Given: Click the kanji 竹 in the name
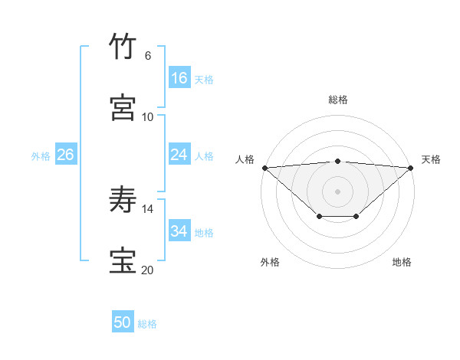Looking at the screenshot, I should tap(123, 47).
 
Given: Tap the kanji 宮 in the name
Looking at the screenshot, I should tap(123, 107).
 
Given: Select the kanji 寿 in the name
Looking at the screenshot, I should tap(123, 200).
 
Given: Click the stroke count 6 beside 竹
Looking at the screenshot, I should tap(148, 56).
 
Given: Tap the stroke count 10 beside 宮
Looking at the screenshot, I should tap(148, 116).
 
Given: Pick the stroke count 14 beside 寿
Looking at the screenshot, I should tap(148, 208).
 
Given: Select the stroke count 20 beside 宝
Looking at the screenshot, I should tap(148, 270).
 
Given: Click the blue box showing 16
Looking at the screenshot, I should tap(179, 78).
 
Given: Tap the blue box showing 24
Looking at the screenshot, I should tap(179, 155).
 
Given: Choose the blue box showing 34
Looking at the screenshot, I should tap(179, 231).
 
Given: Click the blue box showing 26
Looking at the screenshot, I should tap(65, 155).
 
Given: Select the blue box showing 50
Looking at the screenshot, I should tap(123, 322).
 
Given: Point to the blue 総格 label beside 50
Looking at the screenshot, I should tap(147, 324).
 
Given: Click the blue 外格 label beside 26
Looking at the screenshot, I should tap(41, 156).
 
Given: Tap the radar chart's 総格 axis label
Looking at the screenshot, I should tap(338, 100).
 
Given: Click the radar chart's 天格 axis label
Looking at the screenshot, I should tap(432, 159).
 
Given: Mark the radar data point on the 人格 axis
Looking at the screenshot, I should tap(264, 167).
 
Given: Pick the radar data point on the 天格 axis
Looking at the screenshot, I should tap(411, 167).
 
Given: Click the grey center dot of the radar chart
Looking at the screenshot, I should tap(338, 191).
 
